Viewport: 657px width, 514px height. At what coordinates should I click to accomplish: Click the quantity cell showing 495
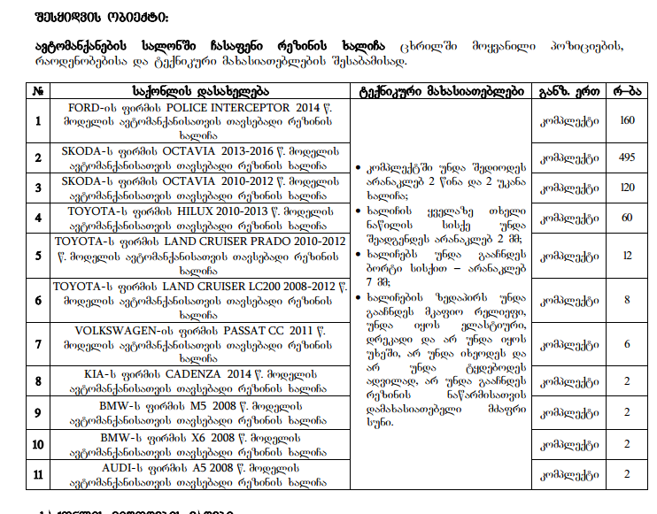point(628,157)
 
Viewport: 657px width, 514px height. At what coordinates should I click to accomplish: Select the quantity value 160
point(628,120)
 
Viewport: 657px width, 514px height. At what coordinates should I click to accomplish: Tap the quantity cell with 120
point(628,188)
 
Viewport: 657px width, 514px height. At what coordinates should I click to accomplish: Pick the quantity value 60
point(628,218)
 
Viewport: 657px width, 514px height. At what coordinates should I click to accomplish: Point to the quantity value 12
point(628,255)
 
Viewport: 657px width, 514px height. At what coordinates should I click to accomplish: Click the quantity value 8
point(628,299)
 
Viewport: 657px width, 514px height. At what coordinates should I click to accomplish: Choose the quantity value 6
point(628,343)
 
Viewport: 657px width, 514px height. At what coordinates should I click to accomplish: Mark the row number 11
point(38,474)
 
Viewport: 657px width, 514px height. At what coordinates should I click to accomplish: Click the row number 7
point(38,343)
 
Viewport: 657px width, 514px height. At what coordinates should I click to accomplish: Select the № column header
point(38,90)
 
